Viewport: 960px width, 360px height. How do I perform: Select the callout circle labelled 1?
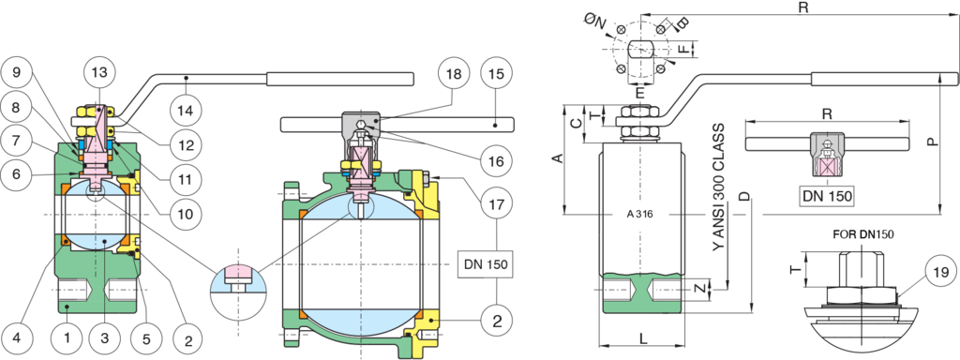point(67,334)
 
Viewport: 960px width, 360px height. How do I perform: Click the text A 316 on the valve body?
point(639,214)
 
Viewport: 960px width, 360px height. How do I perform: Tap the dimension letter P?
point(930,142)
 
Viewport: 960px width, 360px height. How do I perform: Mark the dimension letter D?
point(742,196)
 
